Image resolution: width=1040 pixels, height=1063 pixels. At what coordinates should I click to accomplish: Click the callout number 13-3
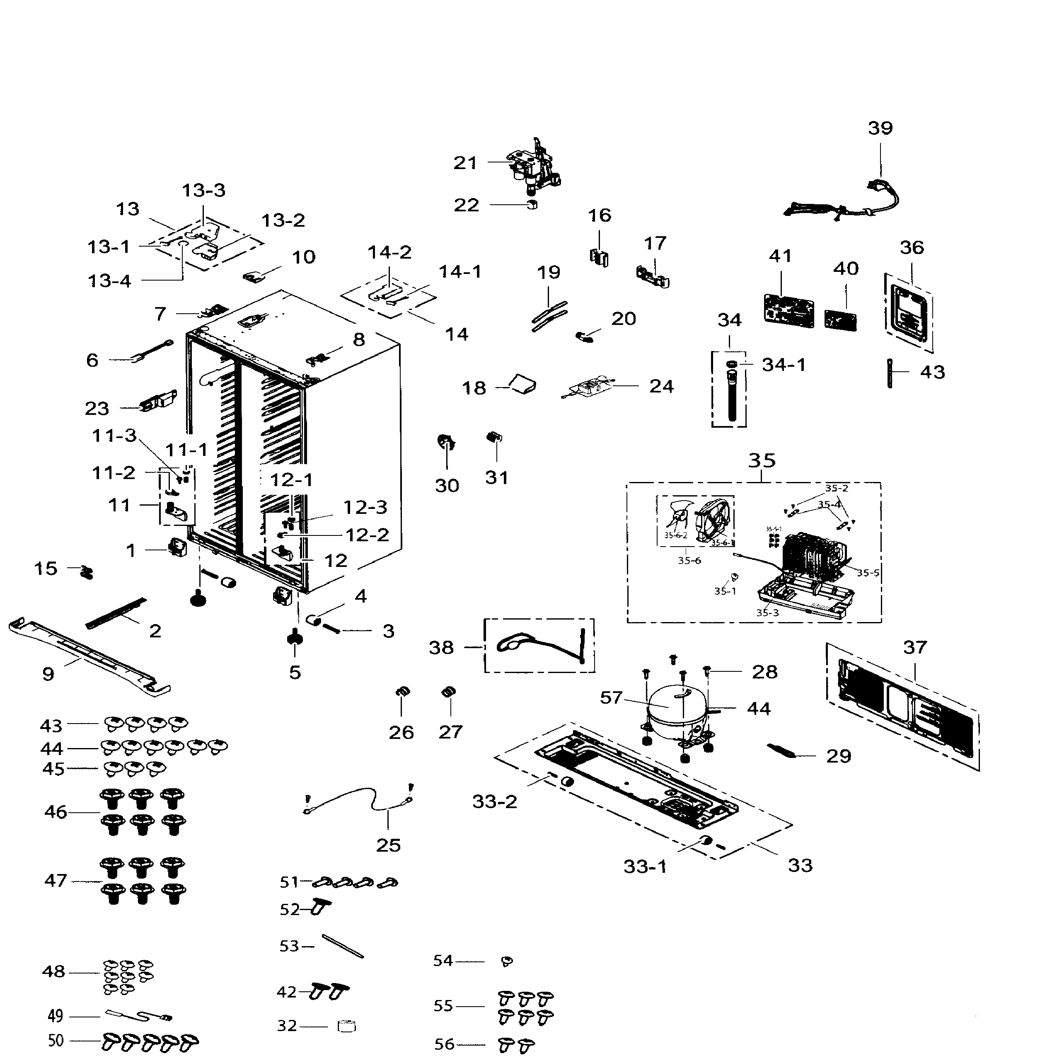[203, 191]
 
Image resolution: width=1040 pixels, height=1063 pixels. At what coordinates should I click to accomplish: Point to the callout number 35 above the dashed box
[762, 460]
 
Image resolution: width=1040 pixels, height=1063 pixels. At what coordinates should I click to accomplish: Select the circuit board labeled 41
[787, 310]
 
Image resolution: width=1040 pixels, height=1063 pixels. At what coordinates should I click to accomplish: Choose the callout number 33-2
[494, 802]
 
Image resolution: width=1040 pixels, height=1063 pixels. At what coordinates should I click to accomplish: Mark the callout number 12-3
[365, 508]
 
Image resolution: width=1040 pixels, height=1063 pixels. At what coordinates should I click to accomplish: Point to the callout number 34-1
[784, 364]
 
